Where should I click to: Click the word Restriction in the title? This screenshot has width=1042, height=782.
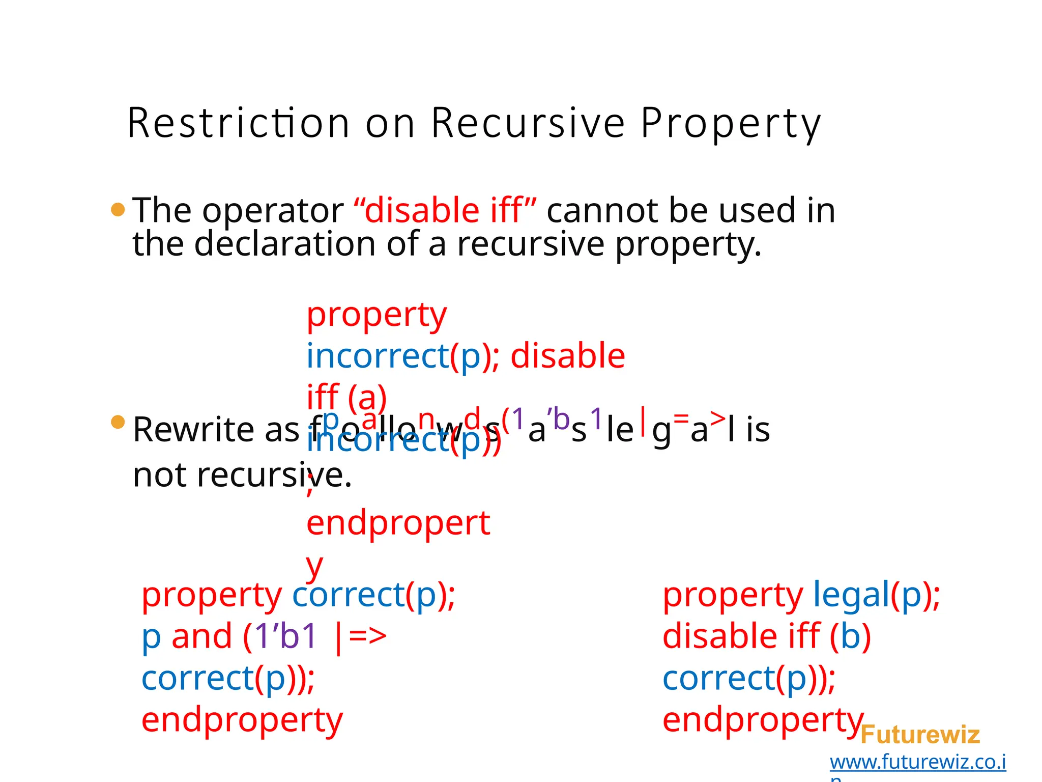coord(238,123)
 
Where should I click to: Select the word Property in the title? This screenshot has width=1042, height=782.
coord(730,123)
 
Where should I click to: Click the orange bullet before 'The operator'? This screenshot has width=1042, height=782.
coord(118,209)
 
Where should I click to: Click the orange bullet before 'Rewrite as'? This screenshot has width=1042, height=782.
coord(118,422)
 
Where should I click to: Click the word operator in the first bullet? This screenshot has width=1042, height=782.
coord(273,210)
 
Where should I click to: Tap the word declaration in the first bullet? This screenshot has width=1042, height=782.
coord(285,243)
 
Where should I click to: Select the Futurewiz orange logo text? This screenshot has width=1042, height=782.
coord(920,735)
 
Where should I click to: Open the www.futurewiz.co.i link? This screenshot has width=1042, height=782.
coord(917,762)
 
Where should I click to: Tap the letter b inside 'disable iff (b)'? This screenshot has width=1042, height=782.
coord(850,636)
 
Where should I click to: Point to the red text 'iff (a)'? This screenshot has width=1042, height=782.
coord(346,397)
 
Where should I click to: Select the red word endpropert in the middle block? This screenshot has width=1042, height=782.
coord(398,523)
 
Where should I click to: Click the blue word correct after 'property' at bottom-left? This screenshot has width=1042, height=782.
coord(349,594)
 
